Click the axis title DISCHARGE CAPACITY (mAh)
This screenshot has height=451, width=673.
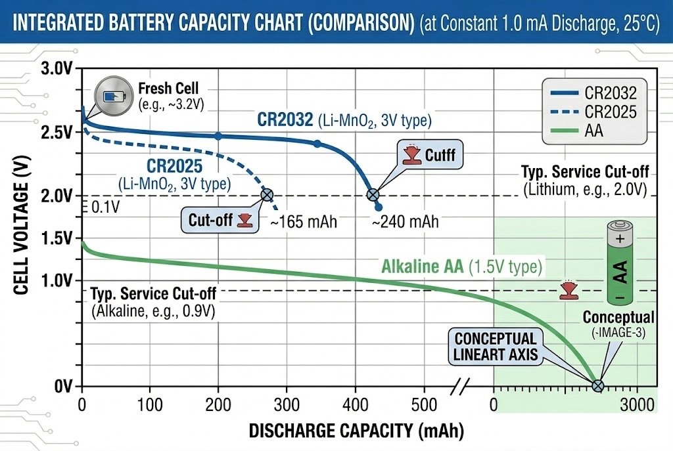356,431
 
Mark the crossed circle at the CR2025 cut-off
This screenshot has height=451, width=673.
267,194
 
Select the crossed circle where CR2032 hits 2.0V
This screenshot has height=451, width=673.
373,194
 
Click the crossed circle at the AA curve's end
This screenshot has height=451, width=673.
597,386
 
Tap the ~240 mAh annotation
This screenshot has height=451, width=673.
405,222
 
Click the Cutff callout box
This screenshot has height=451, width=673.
428,156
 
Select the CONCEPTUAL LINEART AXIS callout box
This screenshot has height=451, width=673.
496,347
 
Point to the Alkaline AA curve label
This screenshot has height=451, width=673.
461,267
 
